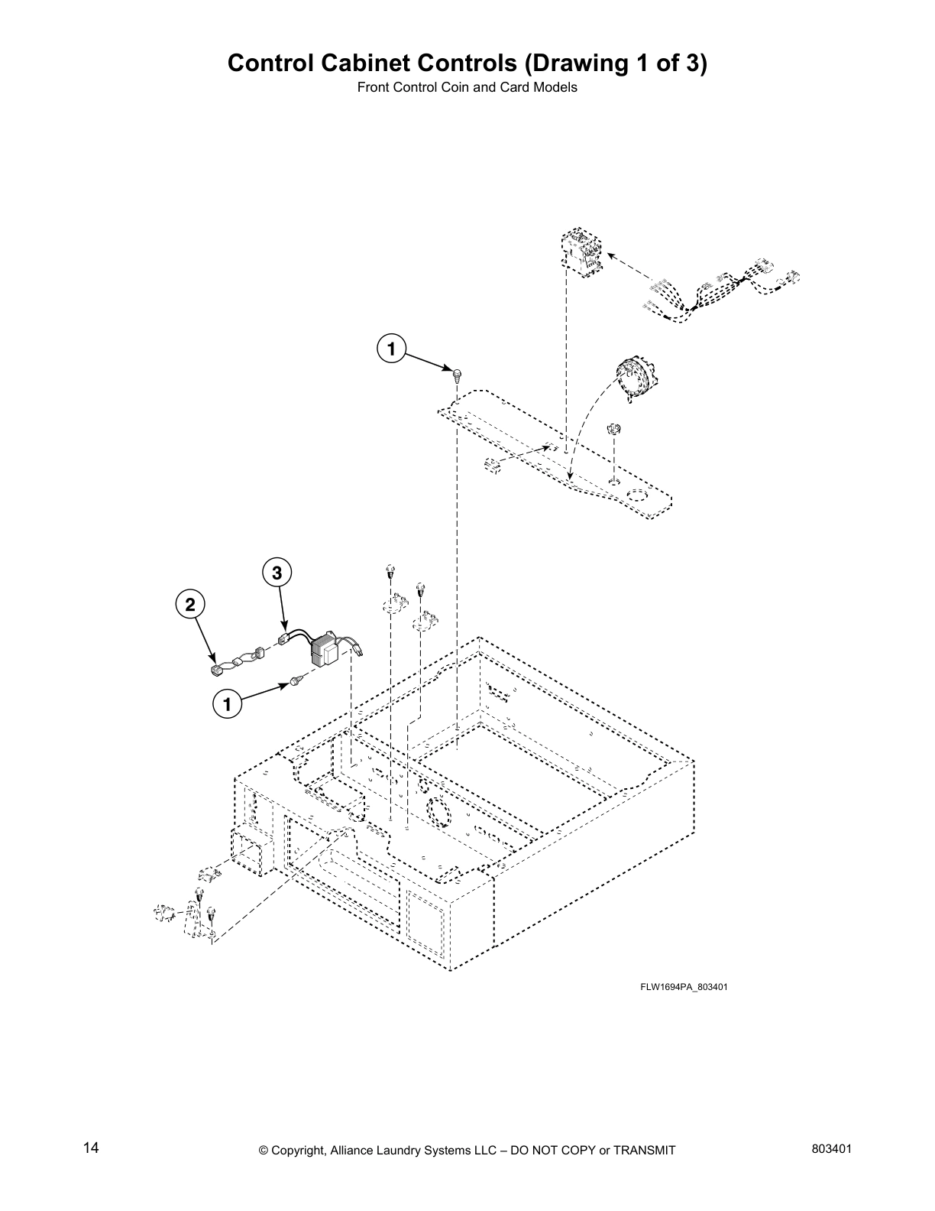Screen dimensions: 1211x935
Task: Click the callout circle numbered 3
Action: click(277, 572)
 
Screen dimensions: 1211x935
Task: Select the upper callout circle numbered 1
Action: click(390, 349)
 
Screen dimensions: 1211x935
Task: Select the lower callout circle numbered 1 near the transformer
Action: click(227, 703)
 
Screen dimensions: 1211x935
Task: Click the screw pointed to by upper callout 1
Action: click(457, 375)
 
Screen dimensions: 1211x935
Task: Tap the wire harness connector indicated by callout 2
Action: click(216, 671)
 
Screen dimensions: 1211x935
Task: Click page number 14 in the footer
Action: click(91, 1148)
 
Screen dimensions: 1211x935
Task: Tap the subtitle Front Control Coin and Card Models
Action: click(467, 87)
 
